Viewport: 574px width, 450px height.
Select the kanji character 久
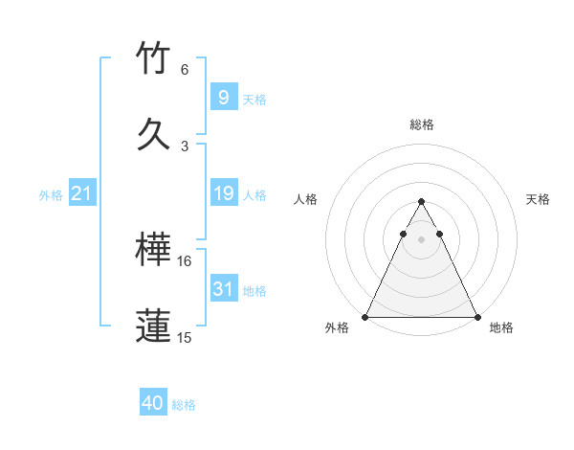[154, 133]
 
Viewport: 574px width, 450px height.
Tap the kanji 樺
[154, 251]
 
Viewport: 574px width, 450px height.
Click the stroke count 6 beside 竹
[185, 70]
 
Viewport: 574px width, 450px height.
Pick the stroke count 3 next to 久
[185, 146]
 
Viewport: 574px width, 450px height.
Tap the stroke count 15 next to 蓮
[185, 337]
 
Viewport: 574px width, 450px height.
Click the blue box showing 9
[223, 97]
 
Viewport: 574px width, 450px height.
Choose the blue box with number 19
[223, 193]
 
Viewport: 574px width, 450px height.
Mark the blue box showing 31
[223, 289]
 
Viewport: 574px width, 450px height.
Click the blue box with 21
[81, 193]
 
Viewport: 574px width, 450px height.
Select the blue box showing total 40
[153, 403]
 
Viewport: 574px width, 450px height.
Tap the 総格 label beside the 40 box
[184, 405]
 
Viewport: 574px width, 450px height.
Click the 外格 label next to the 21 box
[51, 195]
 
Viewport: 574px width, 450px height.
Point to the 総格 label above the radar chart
[421, 124]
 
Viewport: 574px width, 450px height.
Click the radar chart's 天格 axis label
[538, 199]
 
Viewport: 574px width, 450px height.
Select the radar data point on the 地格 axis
[477, 316]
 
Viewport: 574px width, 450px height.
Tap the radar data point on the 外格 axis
[365, 316]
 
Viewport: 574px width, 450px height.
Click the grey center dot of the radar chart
[421, 238]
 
